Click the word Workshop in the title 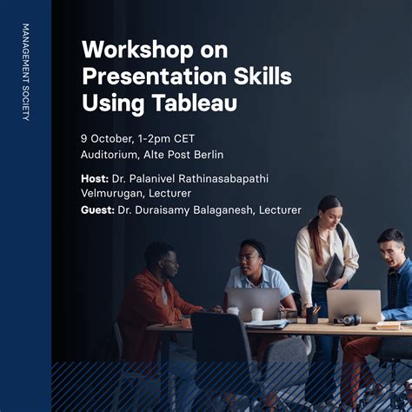tap(127, 49)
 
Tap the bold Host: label tap(95, 178)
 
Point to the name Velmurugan tap(112, 193)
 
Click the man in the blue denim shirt tap(391, 278)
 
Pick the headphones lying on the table tap(347, 319)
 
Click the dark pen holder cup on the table tap(311, 315)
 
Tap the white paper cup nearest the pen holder tap(256, 315)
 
